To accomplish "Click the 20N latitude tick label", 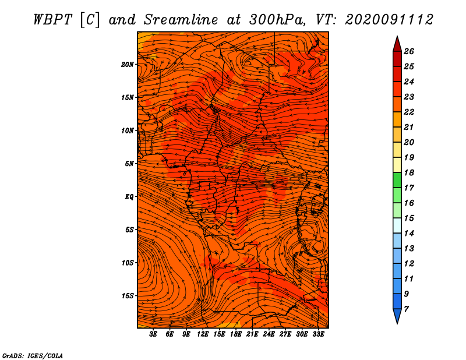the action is point(128,65).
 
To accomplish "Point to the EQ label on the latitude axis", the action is point(129,197).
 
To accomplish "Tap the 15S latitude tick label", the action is point(128,296).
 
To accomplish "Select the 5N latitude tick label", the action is point(129,164).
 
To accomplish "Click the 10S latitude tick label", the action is point(128,263).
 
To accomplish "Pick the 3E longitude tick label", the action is point(153,334).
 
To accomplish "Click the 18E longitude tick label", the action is point(236,334).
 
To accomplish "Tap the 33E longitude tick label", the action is point(318,334).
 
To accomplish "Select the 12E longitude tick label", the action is point(203,334).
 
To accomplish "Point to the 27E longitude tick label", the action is point(285,334).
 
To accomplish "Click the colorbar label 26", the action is point(409,51).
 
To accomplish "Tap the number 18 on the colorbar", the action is point(409,172).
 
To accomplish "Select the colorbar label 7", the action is point(406,309).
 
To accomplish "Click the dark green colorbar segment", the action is point(397,180).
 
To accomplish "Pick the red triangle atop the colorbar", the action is point(397,45).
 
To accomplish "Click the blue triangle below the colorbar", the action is point(397,316).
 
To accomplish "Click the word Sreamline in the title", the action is point(181,20).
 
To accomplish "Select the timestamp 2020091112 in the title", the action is point(389,20).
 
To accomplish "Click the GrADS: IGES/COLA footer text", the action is point(33,356).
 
